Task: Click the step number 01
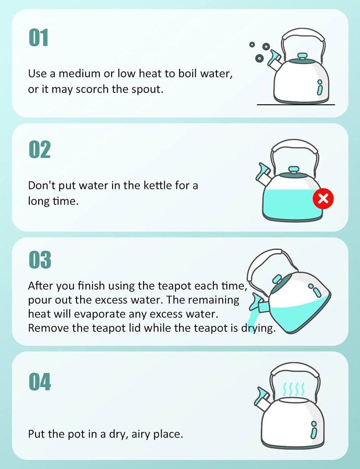(38, 38)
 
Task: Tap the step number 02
(40, 149)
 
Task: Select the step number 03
(40, 259)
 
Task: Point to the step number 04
(40, 382)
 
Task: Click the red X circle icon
(323, 198)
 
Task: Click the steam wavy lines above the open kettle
(293, 389)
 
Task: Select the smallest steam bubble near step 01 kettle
(252, 45)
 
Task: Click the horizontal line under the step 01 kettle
(296, 105)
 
